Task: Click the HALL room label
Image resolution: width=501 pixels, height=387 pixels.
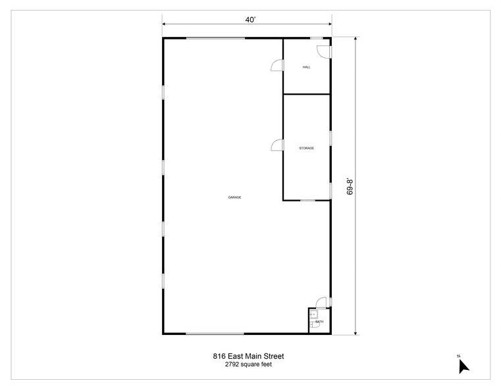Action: click(306, 67)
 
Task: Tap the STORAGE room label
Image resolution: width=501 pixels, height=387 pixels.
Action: click(306, 148)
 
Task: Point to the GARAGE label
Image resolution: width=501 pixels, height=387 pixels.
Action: click(234, 197)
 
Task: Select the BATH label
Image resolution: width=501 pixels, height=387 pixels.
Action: click(320, 321)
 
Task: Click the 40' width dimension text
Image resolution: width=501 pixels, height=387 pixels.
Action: click(250, 20)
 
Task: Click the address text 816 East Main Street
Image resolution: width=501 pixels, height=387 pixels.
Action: click(248, 356)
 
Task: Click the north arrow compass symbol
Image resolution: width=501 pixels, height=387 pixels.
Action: click(463, 366)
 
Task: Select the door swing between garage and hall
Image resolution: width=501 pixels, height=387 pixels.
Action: click(278, 64)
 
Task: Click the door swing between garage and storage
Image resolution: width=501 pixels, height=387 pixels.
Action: click(278, 146)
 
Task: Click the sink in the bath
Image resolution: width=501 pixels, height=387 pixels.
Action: click(313, 314)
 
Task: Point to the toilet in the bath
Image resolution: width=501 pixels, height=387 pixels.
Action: click(314, 324)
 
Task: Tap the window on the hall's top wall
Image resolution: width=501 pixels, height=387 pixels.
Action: click(316, 38)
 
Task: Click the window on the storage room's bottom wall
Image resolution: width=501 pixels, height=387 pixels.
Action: click(307, 199)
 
